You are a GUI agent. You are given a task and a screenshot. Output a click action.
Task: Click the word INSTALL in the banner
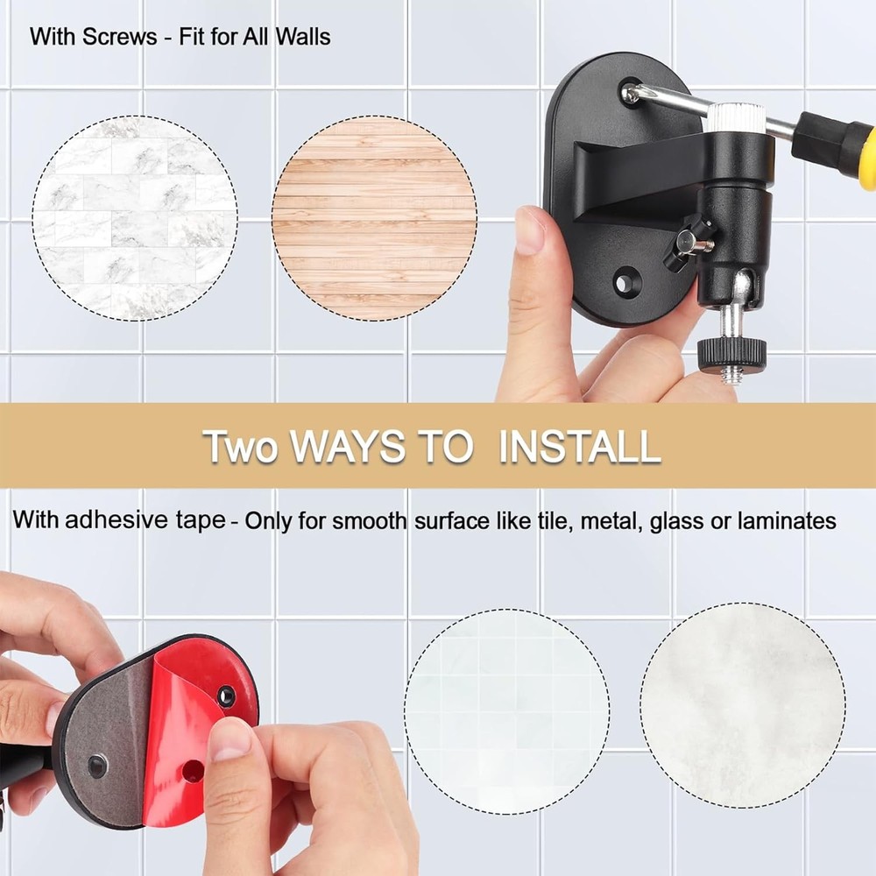579,447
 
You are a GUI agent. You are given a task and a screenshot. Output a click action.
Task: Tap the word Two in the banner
241,447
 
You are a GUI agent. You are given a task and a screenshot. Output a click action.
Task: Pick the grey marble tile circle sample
135,217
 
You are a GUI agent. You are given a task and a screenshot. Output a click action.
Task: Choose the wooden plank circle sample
374,217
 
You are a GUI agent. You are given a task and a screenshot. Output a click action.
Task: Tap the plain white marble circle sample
742,705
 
